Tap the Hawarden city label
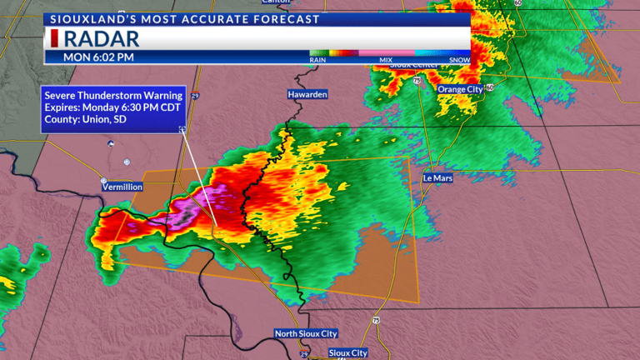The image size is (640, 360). point(307,95)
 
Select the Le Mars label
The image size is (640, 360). point(437,177)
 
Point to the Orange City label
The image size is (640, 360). point(459,87)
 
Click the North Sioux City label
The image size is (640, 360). point(307,334)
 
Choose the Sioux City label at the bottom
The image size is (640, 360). point(347,353)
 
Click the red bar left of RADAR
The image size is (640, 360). point(55,38)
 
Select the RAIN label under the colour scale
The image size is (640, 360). point(317,60)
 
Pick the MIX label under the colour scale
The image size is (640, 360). point(386,60)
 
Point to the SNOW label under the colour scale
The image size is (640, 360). point(459,60)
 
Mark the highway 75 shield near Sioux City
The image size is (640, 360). point(376,319)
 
